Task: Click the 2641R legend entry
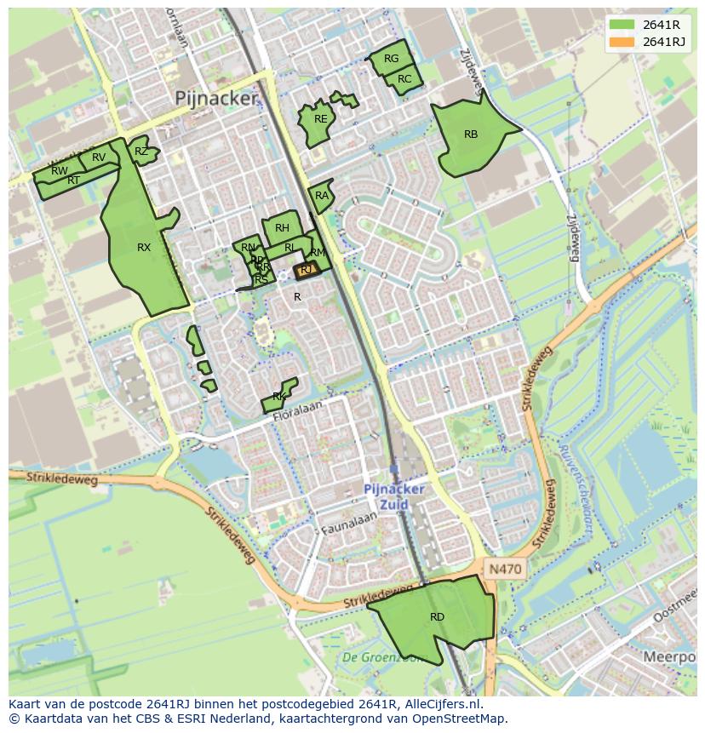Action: pos(660,25)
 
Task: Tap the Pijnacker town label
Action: pos(215,99)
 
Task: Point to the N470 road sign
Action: pos(505,568)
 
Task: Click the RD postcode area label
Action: pos(437,617)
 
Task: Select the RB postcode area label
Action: pos(471,135)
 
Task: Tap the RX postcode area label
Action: pos(144,248)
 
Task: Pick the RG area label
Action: pos(391,59)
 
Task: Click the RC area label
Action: pos(404,79)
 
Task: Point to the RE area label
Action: pos(320,119)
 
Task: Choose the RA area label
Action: pos(321,196)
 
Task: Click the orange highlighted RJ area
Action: pos(307,270)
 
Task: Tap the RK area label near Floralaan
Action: pos(278,398)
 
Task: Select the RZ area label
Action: pos(141,152)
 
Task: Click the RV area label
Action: pos(99,157)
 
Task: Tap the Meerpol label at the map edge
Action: pos(669,658)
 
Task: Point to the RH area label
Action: pos(282,227)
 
